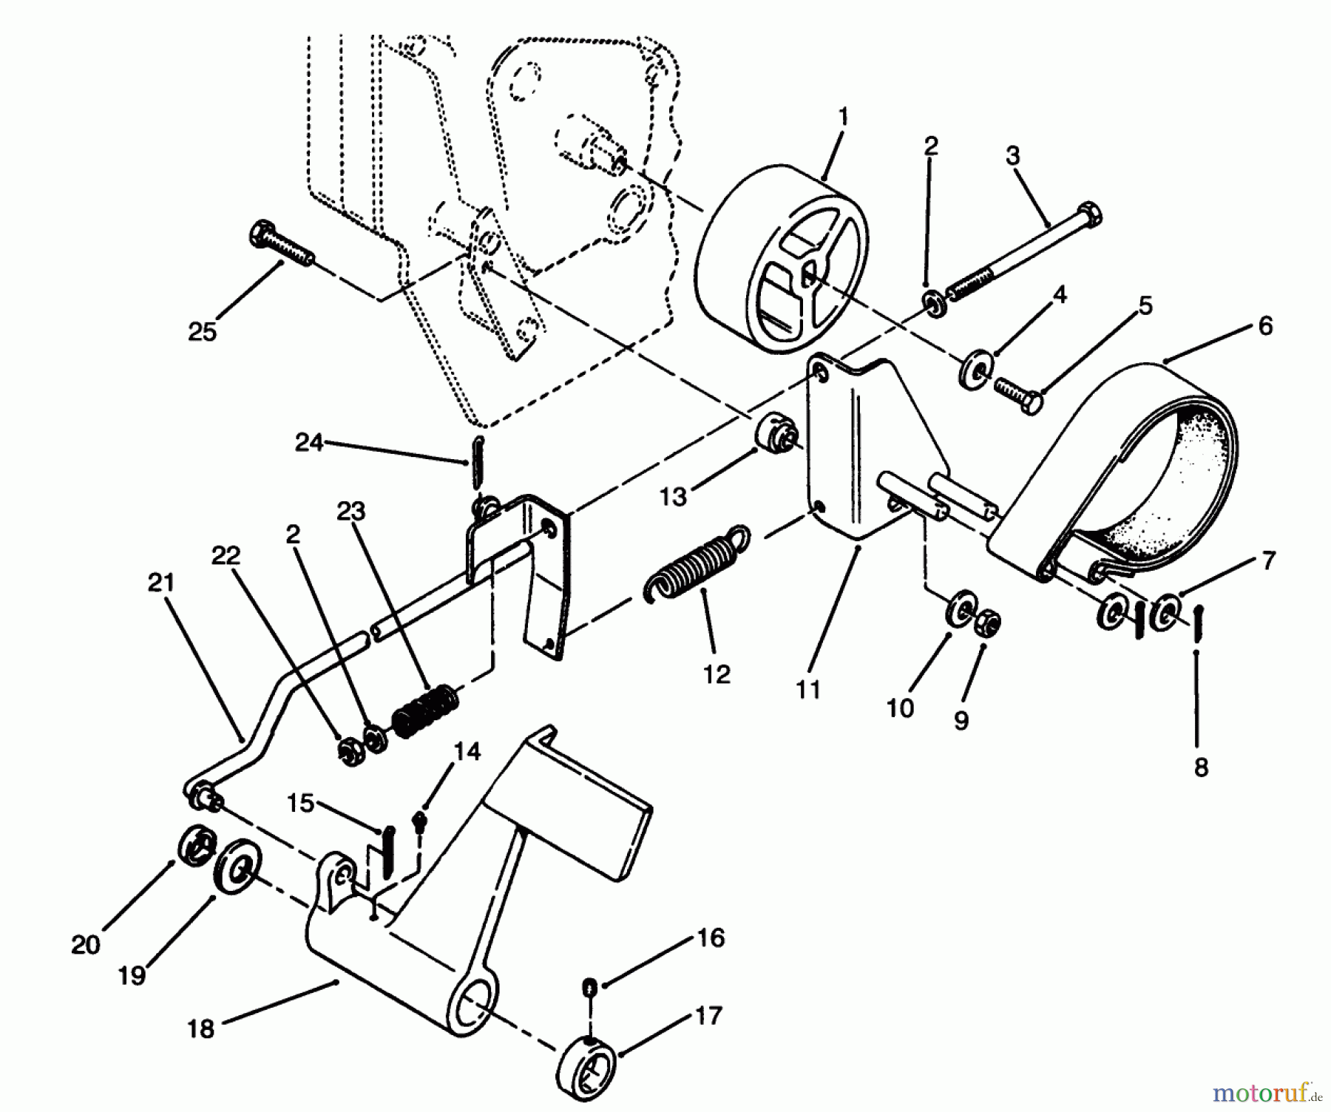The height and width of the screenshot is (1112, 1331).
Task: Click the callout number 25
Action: pyautogui.click(x=202, y=332)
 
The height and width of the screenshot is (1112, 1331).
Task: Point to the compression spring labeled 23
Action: pyautogui.click(x=426, y=711)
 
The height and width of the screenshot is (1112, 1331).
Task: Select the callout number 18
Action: pyautogui.click(x=200, y=1028)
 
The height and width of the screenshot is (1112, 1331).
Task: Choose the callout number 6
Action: pyautogui.click(x=1265, y=326)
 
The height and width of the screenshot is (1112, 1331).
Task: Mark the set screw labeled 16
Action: pyautogui.click(x=590, y=986)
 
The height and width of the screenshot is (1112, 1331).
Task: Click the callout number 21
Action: pyautogui.click(x=160, y=583)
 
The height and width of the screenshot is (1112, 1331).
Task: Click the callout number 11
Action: pyautogui.click(x=808, y=690)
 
